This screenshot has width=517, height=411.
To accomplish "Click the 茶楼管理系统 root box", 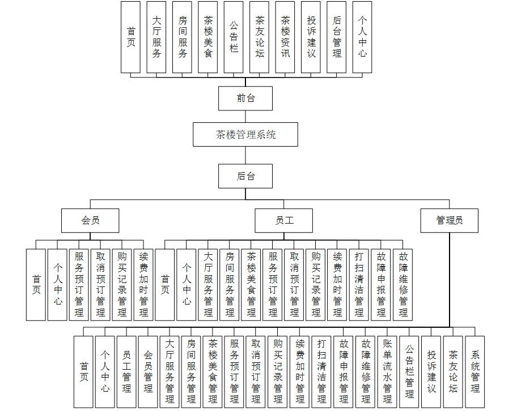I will click(x=245, y=135).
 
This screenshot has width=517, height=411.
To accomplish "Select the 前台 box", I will click(x=245, y=98).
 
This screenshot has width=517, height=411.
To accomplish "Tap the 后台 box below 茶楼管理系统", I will click(x=245, y=176).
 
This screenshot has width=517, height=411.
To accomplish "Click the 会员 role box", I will click(x=90, y=220).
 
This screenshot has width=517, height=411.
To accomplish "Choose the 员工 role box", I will click(x=283, y=220).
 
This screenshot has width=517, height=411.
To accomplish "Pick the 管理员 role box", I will click(x=449, y=220).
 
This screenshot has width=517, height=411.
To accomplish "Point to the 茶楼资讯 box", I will click(x=285, y=37).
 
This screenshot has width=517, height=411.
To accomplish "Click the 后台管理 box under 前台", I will click(x=337, y=37).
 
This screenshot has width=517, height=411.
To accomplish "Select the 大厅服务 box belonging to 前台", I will click(x=156, y=37).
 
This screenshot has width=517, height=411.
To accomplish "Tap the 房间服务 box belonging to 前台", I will click(x=183, y=37).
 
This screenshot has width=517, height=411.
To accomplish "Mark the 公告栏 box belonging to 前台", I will click(x=234, y=37).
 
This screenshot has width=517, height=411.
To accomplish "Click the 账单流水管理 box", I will click(x=387, y=371).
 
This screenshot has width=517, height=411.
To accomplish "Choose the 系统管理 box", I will click(x=474, y=371).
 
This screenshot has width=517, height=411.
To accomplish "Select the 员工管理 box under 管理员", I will click(x=126, y=371).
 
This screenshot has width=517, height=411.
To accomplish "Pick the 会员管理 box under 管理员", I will click(x=148, y=371).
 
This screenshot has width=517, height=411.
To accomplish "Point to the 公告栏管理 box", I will click(x=409, y=371).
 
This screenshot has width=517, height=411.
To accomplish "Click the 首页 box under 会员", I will click(x=36, y=285).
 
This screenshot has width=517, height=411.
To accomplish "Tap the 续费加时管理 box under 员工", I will click(x=337, y=285).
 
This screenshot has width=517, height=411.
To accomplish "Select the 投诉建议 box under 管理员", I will click(x=431, y=371).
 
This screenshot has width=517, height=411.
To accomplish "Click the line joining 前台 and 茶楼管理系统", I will click(x=245, y=117).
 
